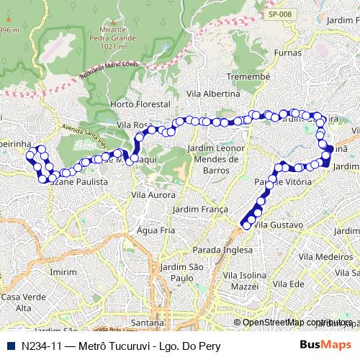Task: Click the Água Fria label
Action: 156,230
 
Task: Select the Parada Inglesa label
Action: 218,250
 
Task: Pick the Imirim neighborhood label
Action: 64,272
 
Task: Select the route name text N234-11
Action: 40,345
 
